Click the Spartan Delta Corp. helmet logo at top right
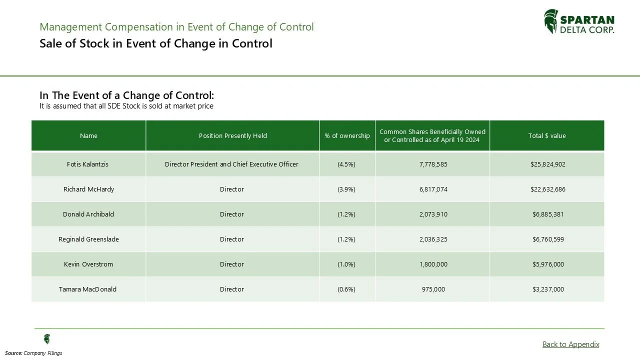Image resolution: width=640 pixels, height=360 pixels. tap(551, 21)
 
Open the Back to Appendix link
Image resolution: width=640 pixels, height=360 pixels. tap(570, 344)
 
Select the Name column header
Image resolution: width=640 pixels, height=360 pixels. tap(88, 135)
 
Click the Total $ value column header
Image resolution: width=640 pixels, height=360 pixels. tap(547, 135)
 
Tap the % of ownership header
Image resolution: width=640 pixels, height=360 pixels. tap(347, 135)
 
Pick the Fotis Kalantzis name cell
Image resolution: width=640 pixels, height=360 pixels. tap(87, 164)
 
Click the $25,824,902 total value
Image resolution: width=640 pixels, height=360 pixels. tap(547, 164)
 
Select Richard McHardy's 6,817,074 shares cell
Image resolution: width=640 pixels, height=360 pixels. tap(433, 189)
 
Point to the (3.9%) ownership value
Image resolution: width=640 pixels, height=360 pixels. tap(346, 189)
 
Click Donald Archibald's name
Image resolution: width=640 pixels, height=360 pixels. tap(88, 214)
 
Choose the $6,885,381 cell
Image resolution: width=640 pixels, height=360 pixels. tap(548, 214)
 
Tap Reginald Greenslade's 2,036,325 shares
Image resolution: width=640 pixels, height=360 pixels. tap(433, 239)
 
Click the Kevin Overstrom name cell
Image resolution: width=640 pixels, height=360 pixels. tap(88, 264)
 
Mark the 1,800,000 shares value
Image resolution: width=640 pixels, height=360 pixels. tap(433, 264)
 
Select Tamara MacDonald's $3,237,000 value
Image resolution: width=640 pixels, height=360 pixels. tap(548, 289)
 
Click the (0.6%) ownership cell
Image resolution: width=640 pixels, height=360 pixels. tap(346, 289)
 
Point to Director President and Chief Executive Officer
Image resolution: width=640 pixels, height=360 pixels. tap(231, 164)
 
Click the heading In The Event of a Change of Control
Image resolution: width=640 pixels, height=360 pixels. tap(126, 95)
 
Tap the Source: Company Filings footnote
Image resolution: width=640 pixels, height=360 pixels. tap(34, 353)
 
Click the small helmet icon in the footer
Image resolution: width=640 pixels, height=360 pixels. tap(47, 339)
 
